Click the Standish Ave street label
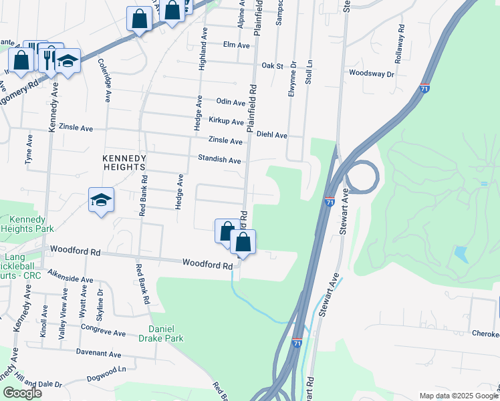tap(219, 160)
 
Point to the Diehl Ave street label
tap(271, 135)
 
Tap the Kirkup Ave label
tap(226, 122)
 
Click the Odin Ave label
tap(231, 102)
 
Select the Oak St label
tap(273, 66)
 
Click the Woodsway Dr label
tap(371, 73)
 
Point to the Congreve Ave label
tap(103, 329)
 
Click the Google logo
tap(22, 393)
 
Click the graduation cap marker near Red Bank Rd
tap(102, 200)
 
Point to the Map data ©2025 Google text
tap(458, 396)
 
